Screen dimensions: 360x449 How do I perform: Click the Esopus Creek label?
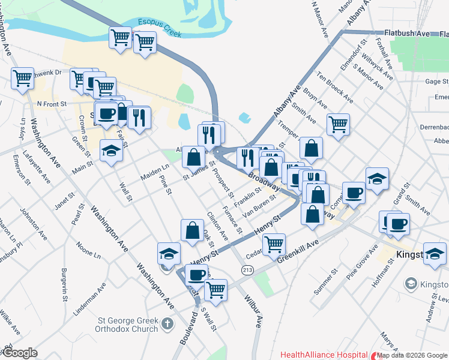pos(158,28)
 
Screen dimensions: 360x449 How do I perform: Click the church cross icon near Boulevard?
pos(167,325)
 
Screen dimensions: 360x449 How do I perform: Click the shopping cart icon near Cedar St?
pos(274,244)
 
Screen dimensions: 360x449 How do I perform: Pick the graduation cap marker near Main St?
pos(112,151)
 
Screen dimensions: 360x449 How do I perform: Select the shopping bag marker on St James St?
pos(194,158)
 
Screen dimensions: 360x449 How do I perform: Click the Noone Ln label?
pos(89,250)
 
